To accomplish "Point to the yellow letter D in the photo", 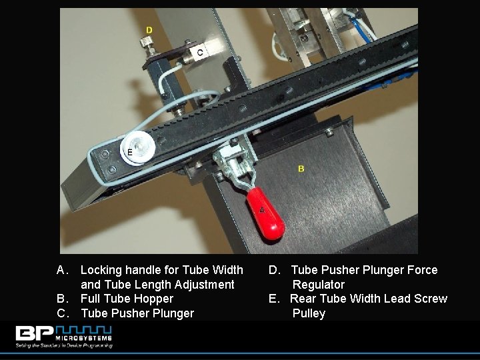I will (149, 30).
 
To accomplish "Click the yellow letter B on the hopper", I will (301, 169).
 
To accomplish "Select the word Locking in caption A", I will (101, 270).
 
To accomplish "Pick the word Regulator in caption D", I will (318, 285).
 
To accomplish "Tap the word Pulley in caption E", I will (309, 313).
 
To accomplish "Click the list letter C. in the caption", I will (63, 313).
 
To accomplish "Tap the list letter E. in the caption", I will (275, 299).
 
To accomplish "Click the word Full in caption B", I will (91, 299).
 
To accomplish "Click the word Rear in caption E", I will (304, 299).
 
